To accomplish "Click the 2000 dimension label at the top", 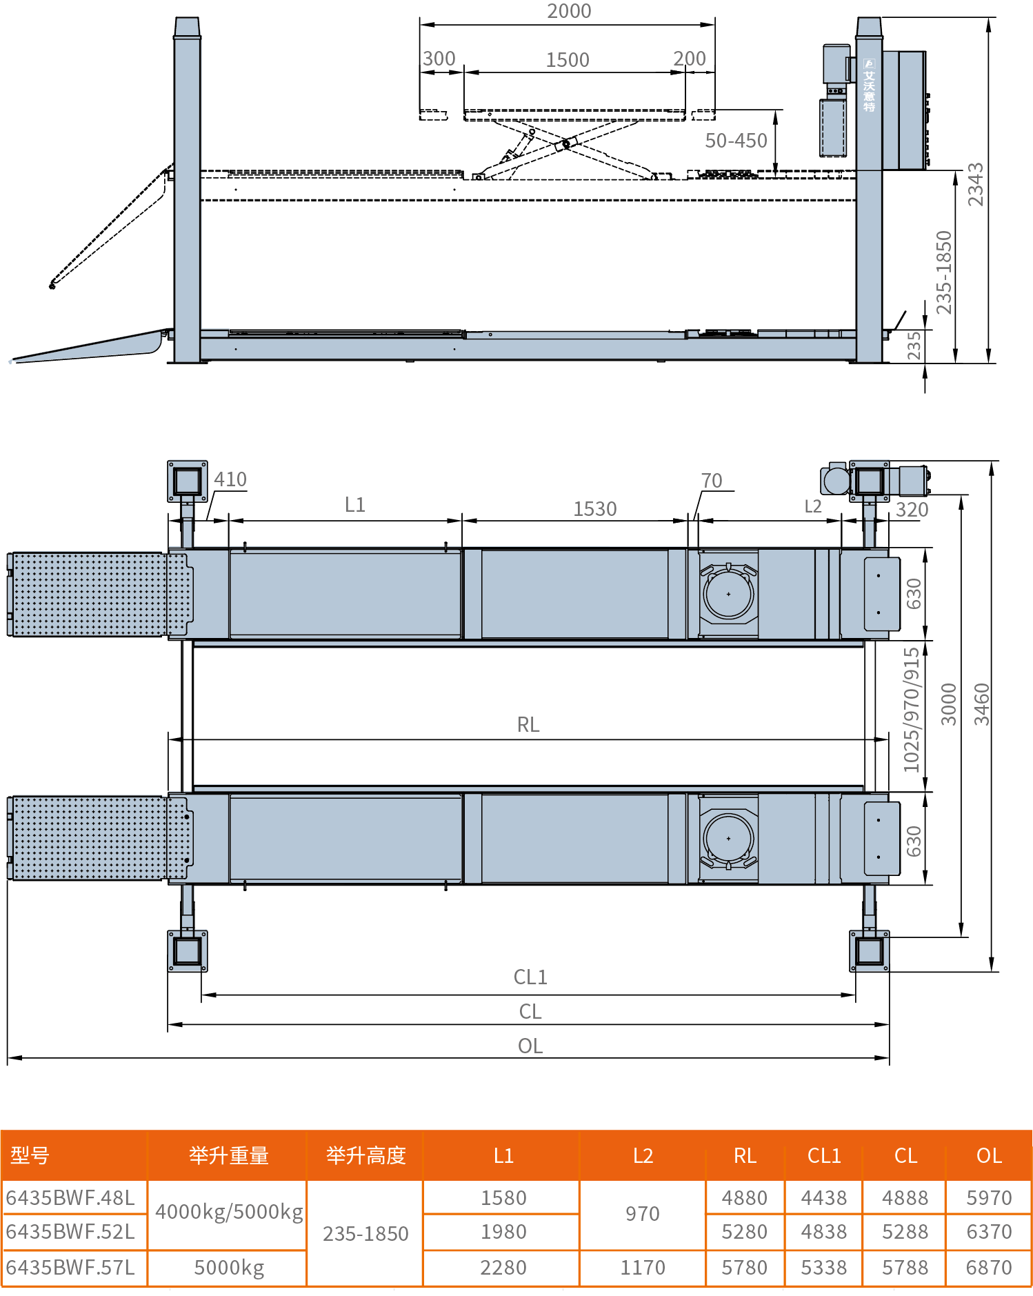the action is click(569, 11).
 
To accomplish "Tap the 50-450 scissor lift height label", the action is click(736, 141).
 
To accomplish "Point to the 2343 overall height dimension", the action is click(975, 184).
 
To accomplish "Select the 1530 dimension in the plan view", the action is click(595, 509).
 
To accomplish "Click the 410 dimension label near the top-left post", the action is click(230, 479).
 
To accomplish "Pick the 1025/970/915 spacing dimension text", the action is click(912, 710).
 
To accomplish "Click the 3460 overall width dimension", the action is click(981, 704).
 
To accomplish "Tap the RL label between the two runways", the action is click(528, 725).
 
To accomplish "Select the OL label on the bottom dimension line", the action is click(530, 1046).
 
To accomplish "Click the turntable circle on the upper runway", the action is click(729, 594).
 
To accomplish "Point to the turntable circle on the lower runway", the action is click(729, 839).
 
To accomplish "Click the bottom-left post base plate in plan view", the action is click(188, 951).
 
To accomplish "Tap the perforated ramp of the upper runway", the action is click(100, 594).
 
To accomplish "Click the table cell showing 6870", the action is click(989, 1268).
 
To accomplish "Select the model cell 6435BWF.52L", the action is click(70, 1232).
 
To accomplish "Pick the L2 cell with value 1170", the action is click(643, 1268).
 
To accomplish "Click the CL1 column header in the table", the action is click(824, 1156).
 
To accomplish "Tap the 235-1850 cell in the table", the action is click(365, 1234).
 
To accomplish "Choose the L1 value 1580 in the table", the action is click(503, 1198).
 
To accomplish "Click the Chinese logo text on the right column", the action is click(869, 86).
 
